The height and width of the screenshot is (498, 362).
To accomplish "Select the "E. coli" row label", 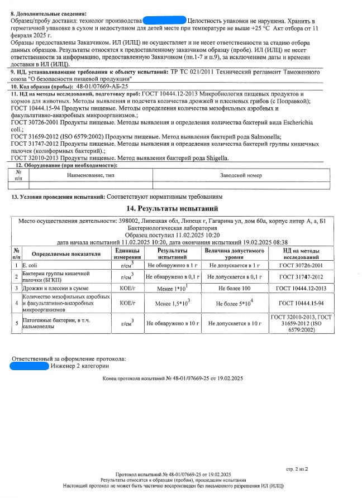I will point(29,265).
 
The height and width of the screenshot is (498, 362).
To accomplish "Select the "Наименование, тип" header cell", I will point(90,176).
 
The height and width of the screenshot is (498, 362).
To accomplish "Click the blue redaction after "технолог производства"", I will point(164,21).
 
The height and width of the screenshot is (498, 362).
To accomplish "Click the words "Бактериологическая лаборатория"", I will point(172,228).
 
